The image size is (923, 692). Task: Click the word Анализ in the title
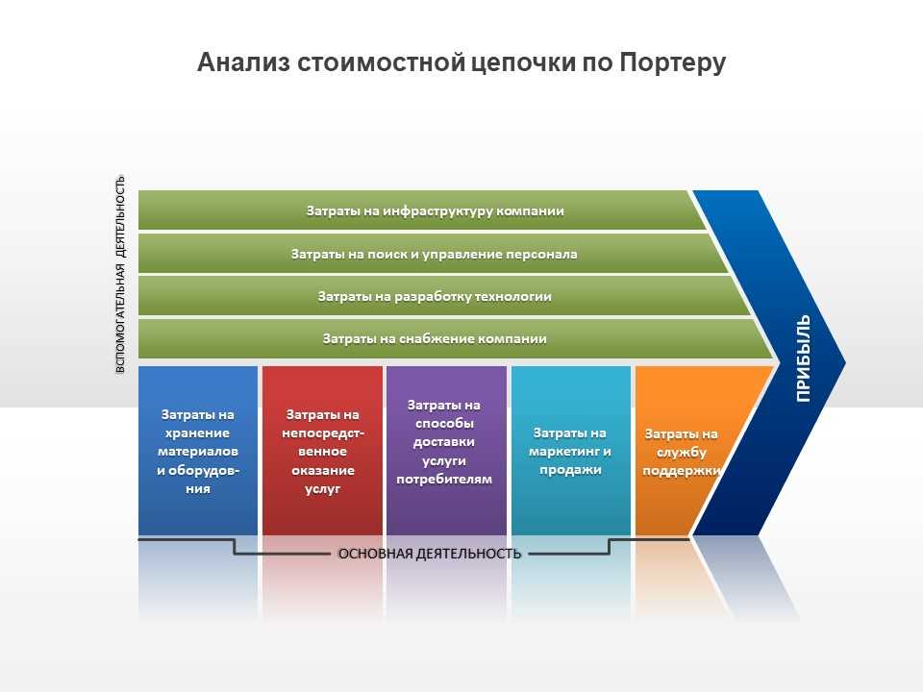[x=243, y=62]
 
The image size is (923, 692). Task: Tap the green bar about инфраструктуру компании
[x=422, y=210]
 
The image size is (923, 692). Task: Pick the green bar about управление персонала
[x=434, y=254]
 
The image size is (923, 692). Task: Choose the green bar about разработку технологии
[x=444, y=296]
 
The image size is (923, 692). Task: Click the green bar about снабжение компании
[x=456, y=338]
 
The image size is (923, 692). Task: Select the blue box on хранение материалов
[x=198, y=451]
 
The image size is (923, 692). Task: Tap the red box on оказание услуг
[x=323, y=451]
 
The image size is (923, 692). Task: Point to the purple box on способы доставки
[x=446, y=451]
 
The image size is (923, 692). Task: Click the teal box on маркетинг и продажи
[x=571, y=451]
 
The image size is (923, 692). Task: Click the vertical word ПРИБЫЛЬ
[x=804, y=358]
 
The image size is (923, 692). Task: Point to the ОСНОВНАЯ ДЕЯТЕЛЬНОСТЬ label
[x=430, y=554]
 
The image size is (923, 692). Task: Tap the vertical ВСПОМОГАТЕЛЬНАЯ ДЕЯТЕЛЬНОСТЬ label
[x=120, y=274]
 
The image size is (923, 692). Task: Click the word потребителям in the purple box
[x=444, y=479]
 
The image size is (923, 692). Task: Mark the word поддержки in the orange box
[x=682, y=471]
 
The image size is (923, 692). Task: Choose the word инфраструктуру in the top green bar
[x=438, y=211]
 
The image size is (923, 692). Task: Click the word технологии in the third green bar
[x=513, y=296]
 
